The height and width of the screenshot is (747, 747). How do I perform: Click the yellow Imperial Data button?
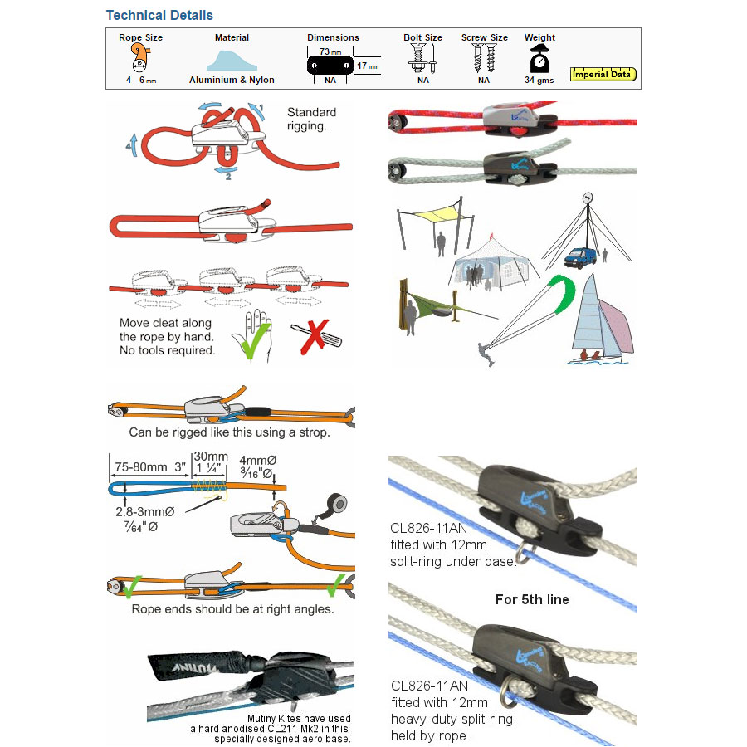click(603, 75)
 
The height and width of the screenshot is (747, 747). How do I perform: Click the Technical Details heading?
click(159, 15)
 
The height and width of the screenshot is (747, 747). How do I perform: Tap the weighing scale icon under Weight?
click(539, 58)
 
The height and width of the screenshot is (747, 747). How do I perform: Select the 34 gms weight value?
click(539, 81)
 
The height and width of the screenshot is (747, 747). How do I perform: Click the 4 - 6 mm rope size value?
click(140, 81)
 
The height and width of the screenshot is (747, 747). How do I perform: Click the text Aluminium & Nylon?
click(232, 81)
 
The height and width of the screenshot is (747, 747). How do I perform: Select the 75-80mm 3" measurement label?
click(149, 466)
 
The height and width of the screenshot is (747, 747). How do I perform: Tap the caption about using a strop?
click(229, 432)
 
